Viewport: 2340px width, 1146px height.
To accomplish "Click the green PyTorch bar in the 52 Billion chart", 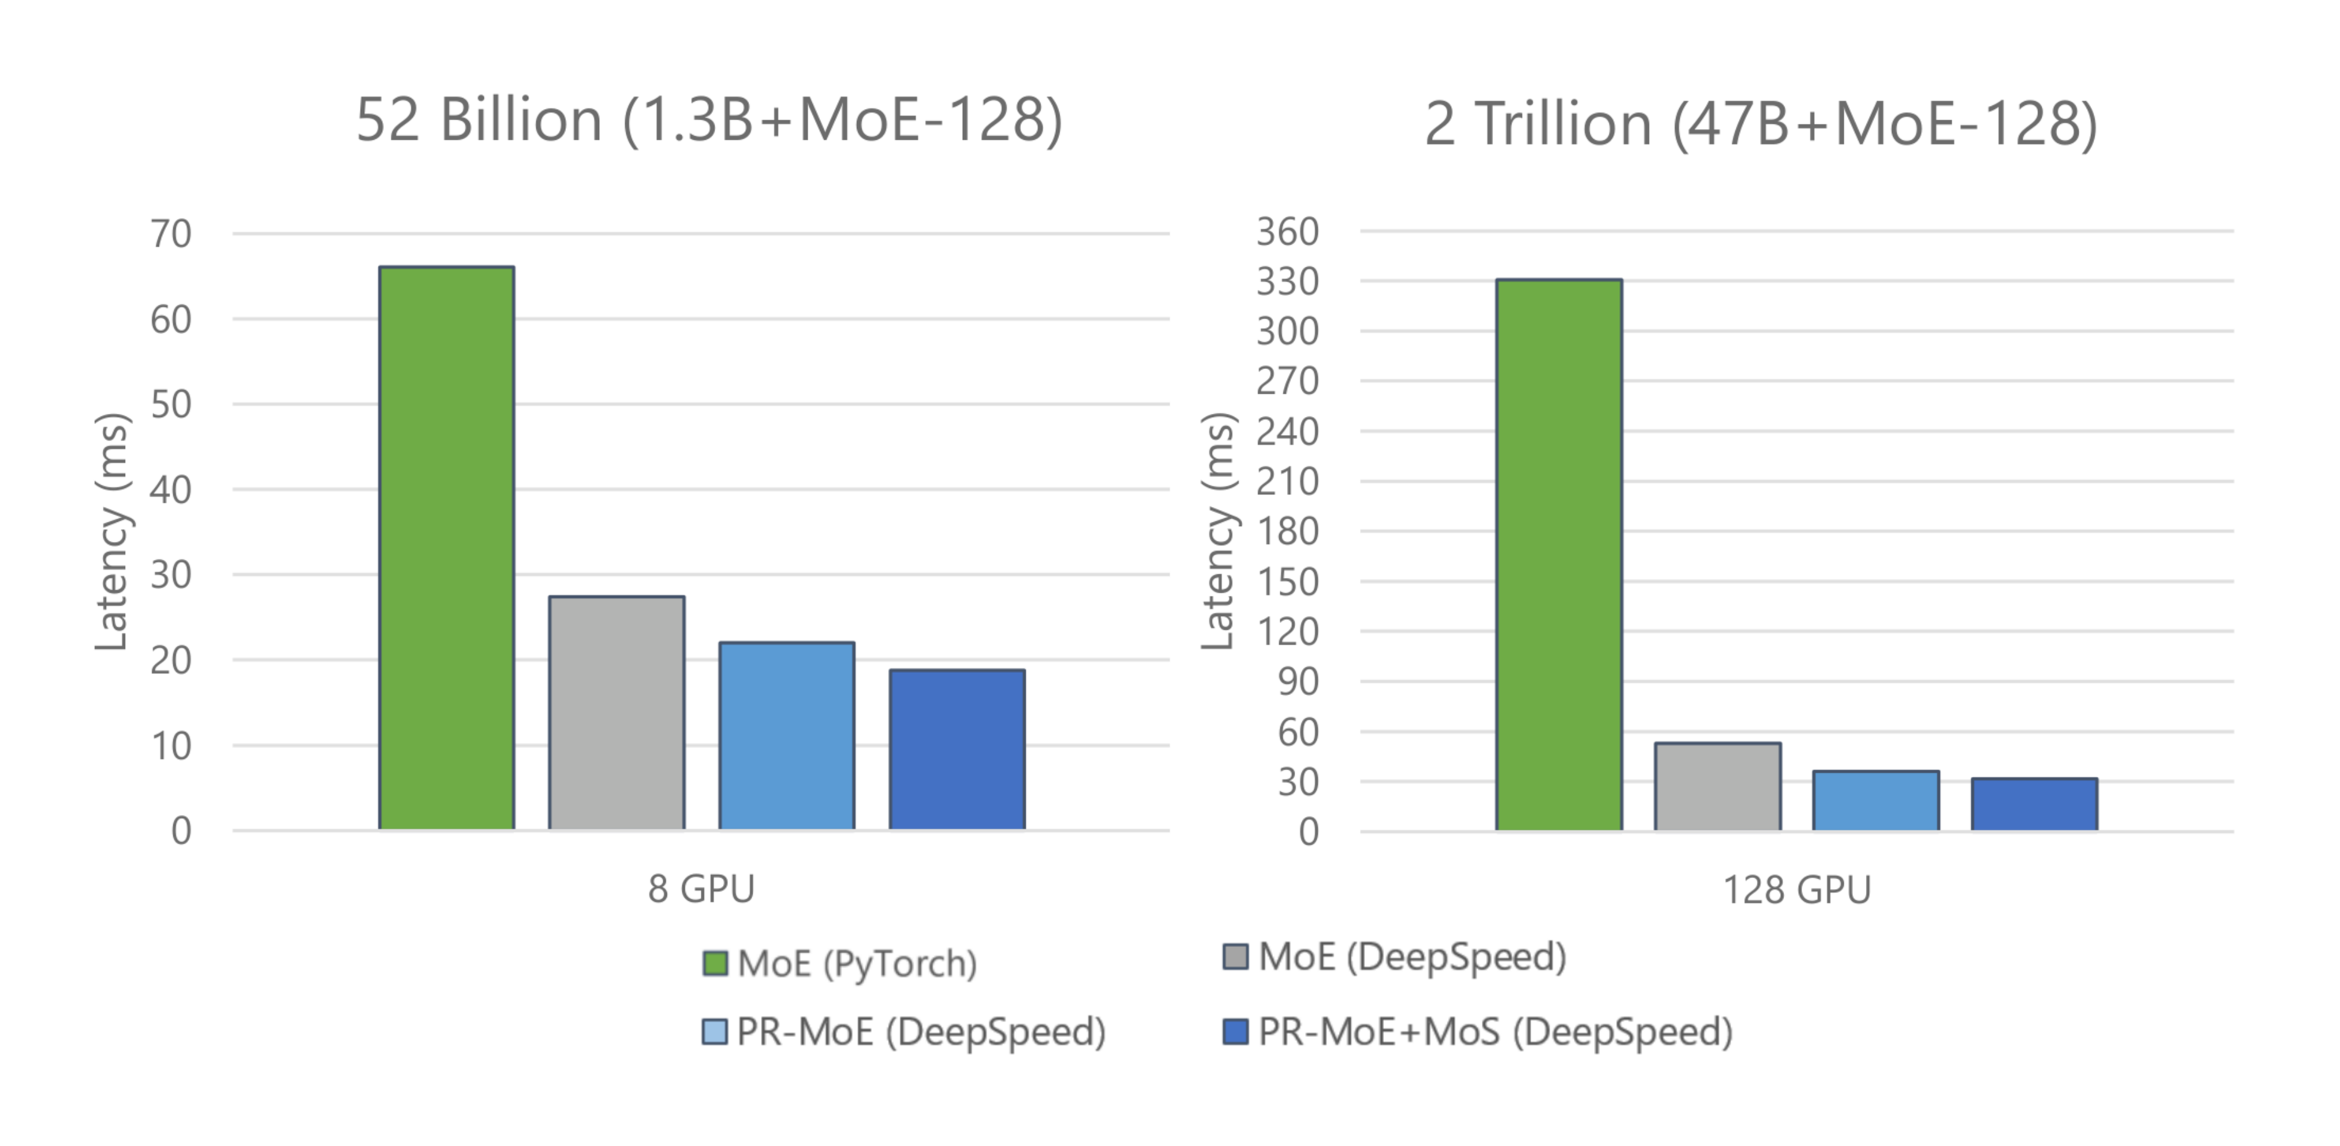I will pos(446,548).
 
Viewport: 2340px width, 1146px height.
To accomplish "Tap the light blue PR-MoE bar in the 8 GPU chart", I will pos(787,736).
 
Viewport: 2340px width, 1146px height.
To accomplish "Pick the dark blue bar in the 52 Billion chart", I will pos(957,749).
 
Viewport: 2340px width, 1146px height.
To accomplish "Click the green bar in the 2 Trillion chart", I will pos(1559,554).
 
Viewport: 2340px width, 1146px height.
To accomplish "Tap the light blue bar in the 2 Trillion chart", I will pos(1876,800).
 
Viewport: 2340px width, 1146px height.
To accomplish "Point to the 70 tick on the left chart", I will pos(171,234).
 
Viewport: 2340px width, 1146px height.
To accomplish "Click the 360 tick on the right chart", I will pos(1287,232).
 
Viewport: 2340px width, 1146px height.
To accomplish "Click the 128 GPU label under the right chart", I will pos(1797,890).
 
